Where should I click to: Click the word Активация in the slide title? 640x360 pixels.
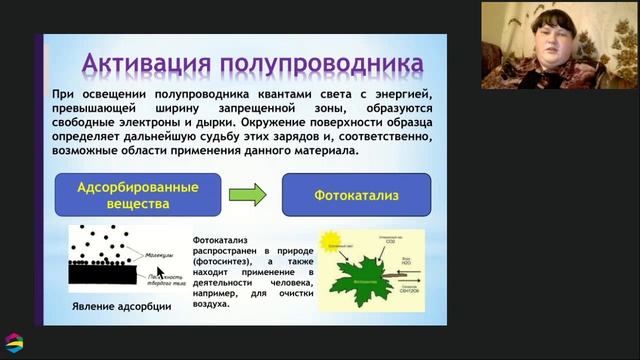(x=146, y=63)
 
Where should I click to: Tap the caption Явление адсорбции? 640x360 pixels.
(x=117, y=306)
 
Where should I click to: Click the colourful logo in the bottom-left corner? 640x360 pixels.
(x=14, y=341)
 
